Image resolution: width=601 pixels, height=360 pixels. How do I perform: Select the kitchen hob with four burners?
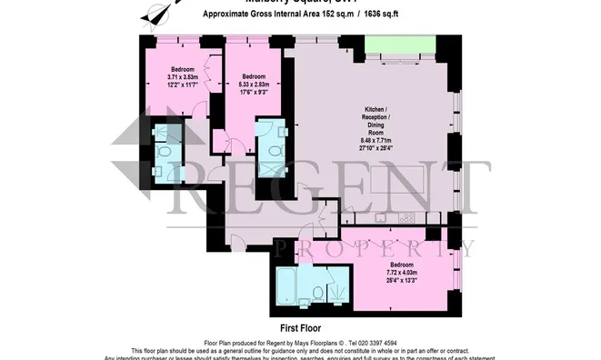coord(406,217)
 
